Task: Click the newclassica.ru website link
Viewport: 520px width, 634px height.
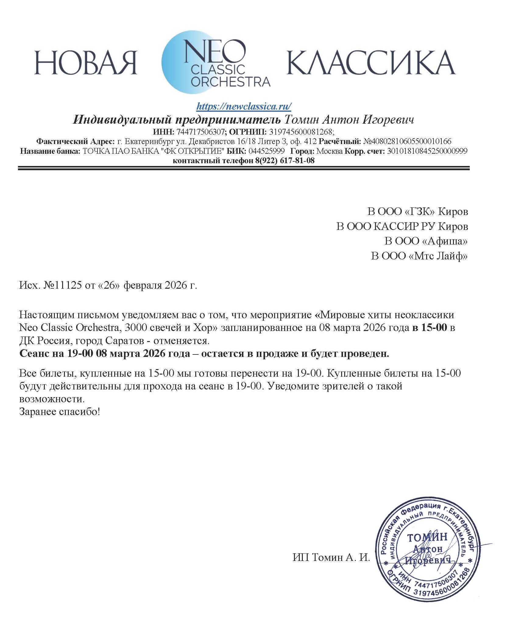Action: click(244, 106)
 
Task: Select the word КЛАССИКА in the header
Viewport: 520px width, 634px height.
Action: click(371, 62)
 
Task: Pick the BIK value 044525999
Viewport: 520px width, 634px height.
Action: click(267, 151)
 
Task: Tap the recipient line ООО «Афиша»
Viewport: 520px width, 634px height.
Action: click(426, 241)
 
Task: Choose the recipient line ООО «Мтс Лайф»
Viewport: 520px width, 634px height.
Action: click(419, 256)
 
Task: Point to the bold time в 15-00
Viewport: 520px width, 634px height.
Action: click(430, 328)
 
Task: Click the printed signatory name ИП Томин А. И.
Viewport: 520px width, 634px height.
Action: click(331, 558)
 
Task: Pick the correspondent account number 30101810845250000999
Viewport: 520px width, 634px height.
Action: click(427, 151)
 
